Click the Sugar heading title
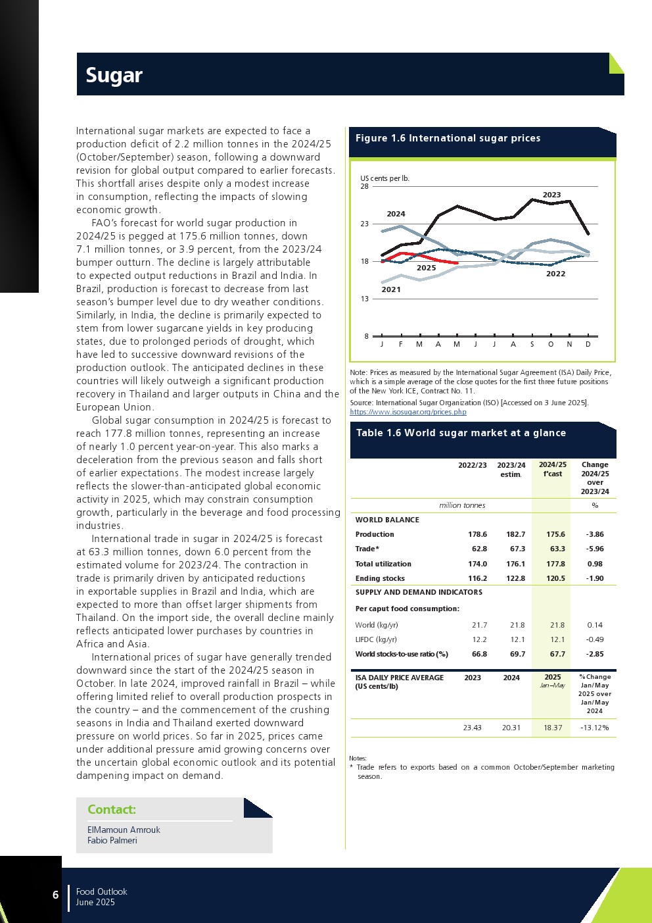[114, 76]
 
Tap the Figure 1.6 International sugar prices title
[448, 138]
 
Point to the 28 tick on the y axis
[365, 186]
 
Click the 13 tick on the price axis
[365, 299]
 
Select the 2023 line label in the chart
[551, 195]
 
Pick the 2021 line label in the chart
[390, 289]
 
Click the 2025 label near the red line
[426, 268]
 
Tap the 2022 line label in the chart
[555, 274]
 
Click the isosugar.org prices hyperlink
[408, 412]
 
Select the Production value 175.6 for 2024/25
[555, 534]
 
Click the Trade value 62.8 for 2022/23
[479, 549]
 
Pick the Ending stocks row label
[380, 578]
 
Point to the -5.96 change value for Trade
[595, 549]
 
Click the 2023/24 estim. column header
[511, 469]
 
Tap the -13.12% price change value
[595, 728]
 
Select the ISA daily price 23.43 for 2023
[472, 728]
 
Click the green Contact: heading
[112, 810]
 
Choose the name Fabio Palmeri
[112, 840]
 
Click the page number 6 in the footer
[55, 895]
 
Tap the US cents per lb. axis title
[384, 178]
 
